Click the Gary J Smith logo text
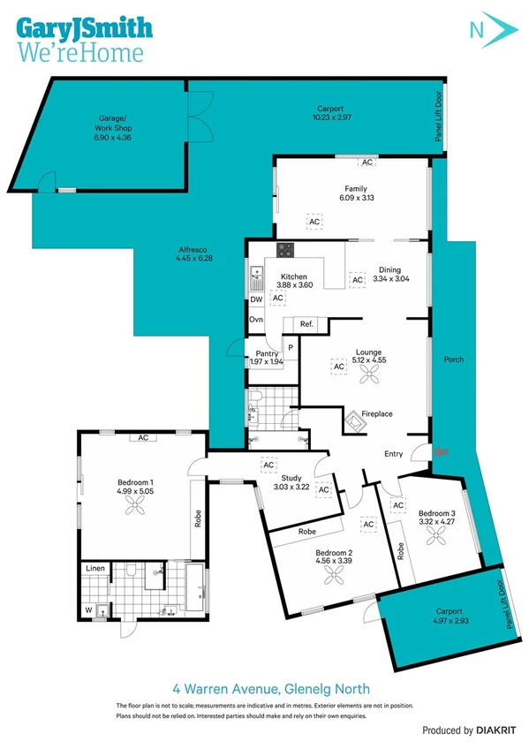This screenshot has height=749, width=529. click(x=83, y=28)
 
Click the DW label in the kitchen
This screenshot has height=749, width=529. click(x=256, y=299)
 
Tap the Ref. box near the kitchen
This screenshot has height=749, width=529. click(x=306, y=324)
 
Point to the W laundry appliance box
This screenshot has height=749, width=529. click(x=88, y=609)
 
